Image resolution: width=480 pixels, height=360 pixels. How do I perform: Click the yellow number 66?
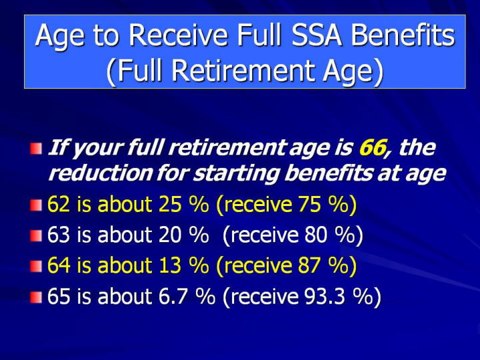point(372,147)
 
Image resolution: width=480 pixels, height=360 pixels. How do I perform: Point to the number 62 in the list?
point(59,204)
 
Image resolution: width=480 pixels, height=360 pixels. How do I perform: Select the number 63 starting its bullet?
point(59,235)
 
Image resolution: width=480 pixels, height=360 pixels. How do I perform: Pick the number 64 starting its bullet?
point(59,265)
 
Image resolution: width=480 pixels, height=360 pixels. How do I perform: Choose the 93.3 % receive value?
point(339,296)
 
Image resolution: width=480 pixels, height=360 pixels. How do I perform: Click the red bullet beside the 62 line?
point(36,205)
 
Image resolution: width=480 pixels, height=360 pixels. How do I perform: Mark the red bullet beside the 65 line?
point(36,297)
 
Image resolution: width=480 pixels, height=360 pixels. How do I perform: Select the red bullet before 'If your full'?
point(36,149)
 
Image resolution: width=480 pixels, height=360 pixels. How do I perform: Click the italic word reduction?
point(100,173)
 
